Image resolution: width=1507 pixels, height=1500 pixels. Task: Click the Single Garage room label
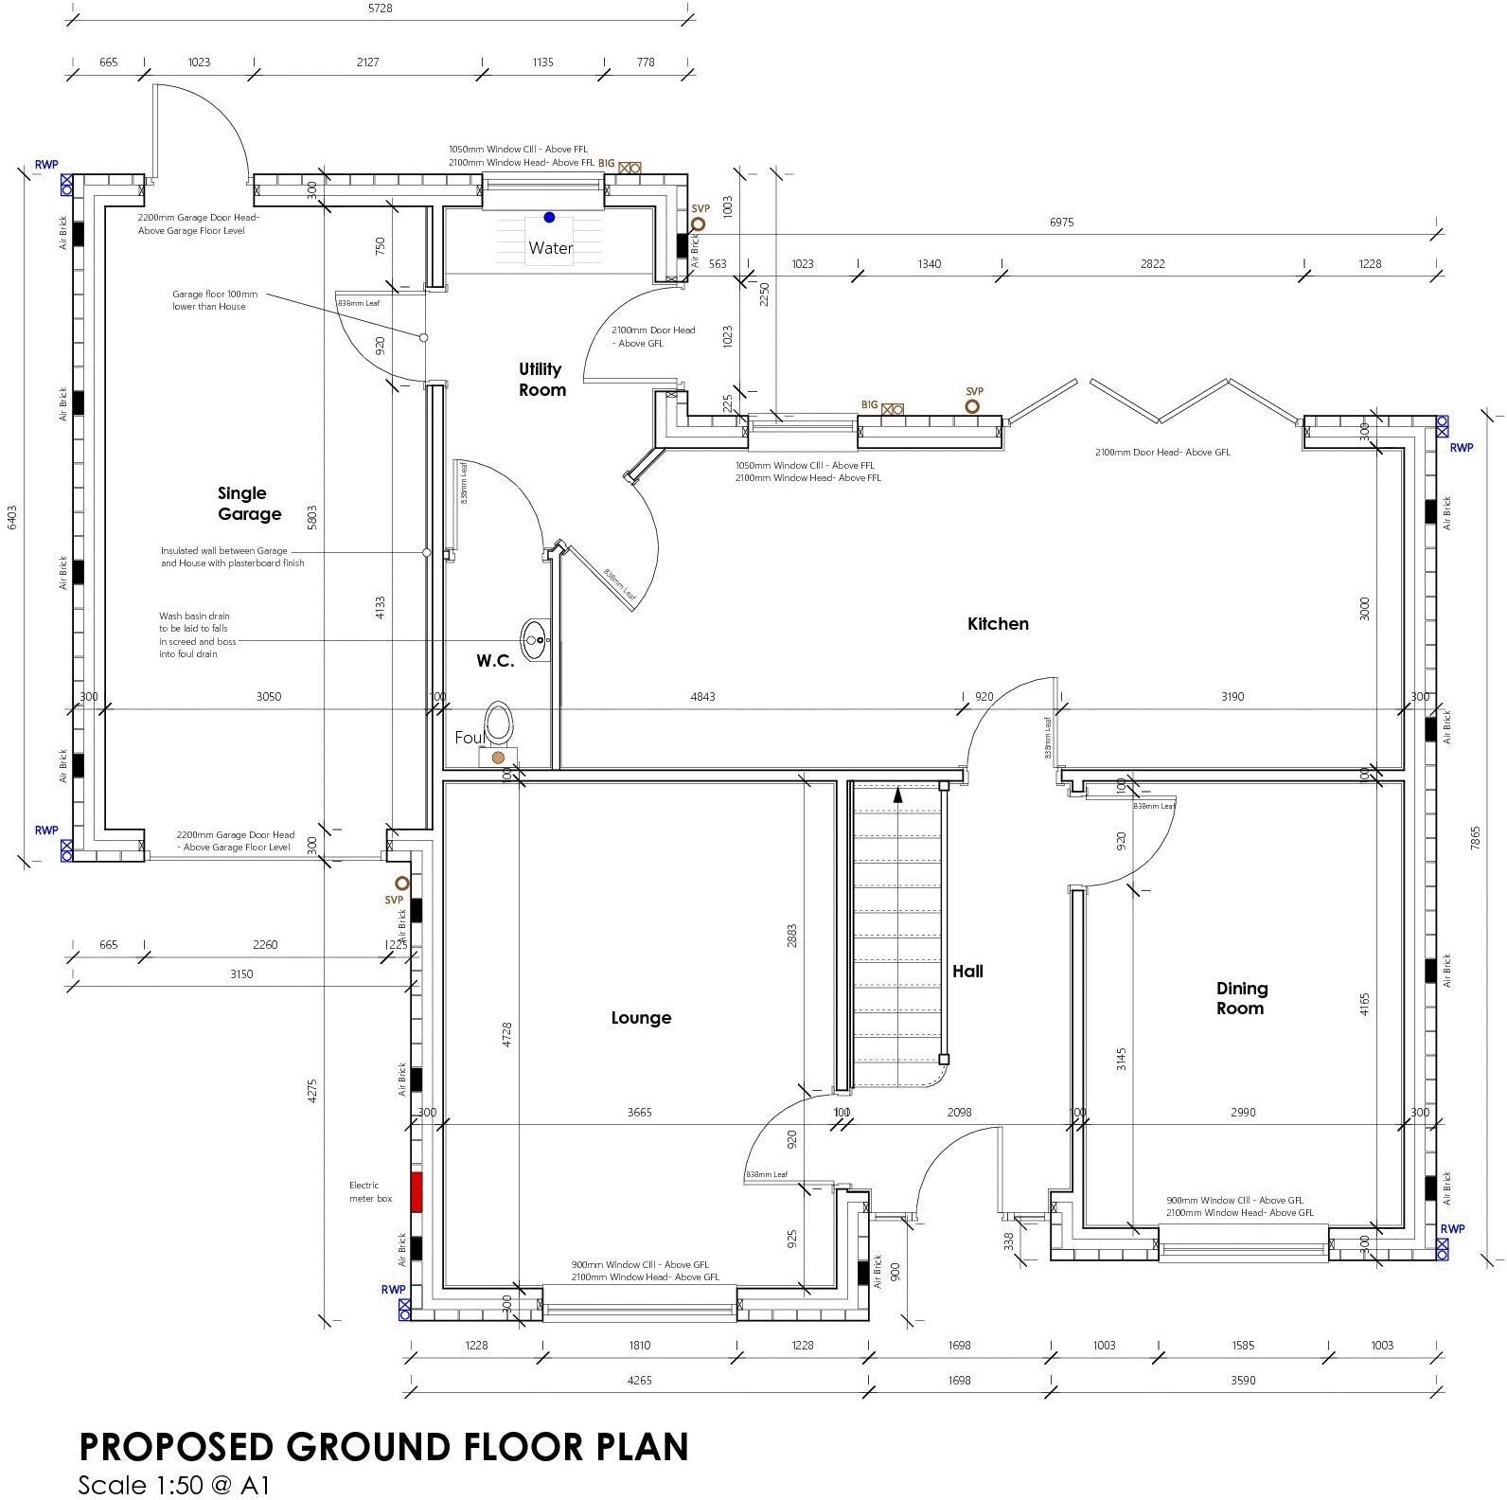pyautogui.click(x=249, y=504)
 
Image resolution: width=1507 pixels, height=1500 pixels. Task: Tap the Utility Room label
pyautogui.click(x=541, y=379)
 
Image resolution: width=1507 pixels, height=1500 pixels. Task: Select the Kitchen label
pyautogui.click(x=998, y=623)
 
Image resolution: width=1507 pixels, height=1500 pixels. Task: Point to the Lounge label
pyautogui.click(x=641, y=1018)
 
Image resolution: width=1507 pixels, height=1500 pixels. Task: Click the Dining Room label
pyautogui.click(x=1241, y=998)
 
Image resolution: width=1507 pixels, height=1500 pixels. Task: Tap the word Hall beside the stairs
pyautogui.click(x=967, y=971)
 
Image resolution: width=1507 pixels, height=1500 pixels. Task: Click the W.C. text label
pyautogui.click(x=495, y=661)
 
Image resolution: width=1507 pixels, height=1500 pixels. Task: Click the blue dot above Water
pyautogui.click(x=549, y=218)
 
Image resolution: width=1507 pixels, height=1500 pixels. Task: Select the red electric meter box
pyautogui.click(x=417, y=1191)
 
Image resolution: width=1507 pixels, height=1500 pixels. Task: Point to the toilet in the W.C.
pyautogui.click(x=498, y=724)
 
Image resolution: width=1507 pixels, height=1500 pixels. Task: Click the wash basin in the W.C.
pyautogui.click(x=535, y=633)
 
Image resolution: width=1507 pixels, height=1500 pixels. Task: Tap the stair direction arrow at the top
pyautogui.click(x=897, y=795)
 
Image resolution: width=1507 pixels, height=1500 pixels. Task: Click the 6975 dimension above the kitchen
pyautogui.click(x=1061, y=223)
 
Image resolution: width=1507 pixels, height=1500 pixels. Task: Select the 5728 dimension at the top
pyautogui.click(x=380, y=9)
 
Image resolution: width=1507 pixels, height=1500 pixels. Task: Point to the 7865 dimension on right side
pyautogui.click(x=1475, y=837)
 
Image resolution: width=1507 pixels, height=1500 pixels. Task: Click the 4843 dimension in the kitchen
pyautogui.click(x=702, y=697)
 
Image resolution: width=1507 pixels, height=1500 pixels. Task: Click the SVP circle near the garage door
pyautogui.click(x=401, y=884)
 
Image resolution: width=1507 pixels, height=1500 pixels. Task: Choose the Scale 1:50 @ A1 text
pyautogui.click(x=173, y=1484)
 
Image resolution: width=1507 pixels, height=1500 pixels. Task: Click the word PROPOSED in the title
pyautogui.click(x=176, y=1447)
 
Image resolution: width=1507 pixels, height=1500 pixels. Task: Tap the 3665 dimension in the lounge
pyautogui.click(x=640, y=1113)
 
